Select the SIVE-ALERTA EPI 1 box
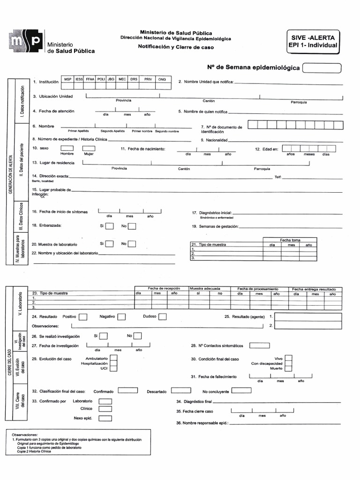[x=314, y=42]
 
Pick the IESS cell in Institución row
[x=79, y=80]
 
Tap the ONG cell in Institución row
[x=162, y=80]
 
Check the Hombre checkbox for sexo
[x=67, y=149]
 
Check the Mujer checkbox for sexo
[x=89, y=149]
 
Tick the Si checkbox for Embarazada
[x=109, y=226]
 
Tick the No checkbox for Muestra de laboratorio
[x=132, y=244]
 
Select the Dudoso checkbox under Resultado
[x=163, y=317]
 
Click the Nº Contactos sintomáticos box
[x=259, y=346]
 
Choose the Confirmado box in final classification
[x=127, y=390]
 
